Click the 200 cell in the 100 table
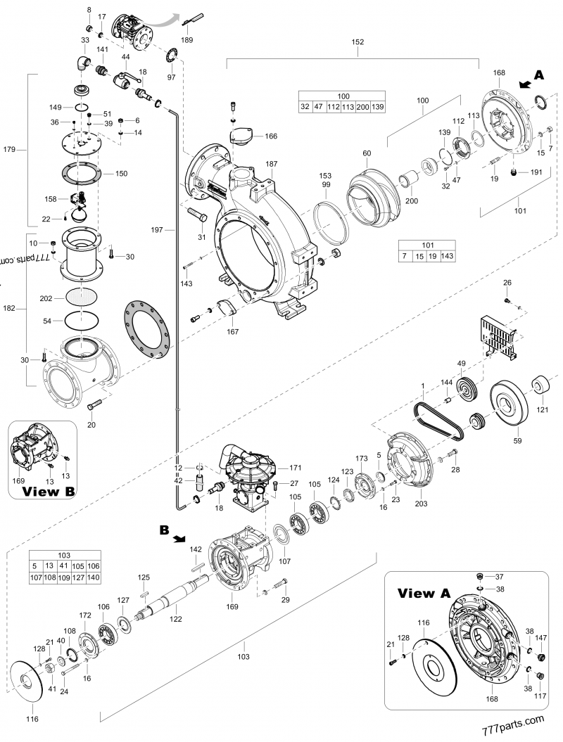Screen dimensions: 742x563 tap(363, 107)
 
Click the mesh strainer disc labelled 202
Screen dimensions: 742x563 tap(83, 298)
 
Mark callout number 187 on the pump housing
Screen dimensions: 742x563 tap(272, 163)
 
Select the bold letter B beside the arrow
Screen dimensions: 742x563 tap(164, 531)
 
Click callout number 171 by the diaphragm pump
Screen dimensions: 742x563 tap(294, 467)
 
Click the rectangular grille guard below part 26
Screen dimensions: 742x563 tap(496, 338)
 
